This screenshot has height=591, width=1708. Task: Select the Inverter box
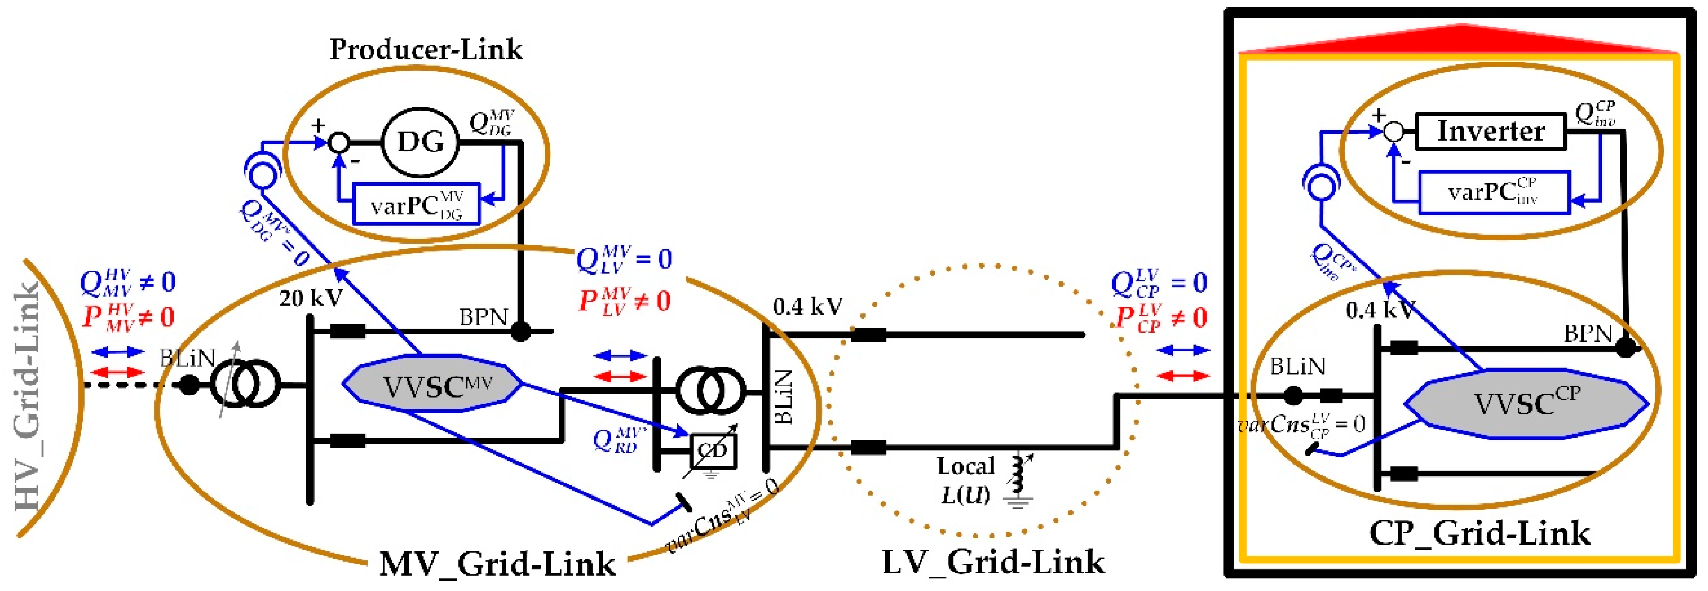tap(1490, 131)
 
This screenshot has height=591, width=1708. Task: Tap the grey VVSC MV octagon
tap(432, 384)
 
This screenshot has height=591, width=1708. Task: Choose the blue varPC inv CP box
tap(1493, 193)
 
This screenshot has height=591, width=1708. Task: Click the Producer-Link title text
tap(425, 50)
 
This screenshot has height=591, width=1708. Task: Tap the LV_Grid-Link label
tap(993, 562)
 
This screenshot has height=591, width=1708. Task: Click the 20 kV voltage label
tap(310, 298)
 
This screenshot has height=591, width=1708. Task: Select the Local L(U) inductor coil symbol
tap(1017, 474)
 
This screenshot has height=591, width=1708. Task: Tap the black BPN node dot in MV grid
tap(521, 331)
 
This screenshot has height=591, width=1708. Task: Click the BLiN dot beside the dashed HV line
tap(189, 384)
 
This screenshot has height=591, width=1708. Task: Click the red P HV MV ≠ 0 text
tap(128, 317)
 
